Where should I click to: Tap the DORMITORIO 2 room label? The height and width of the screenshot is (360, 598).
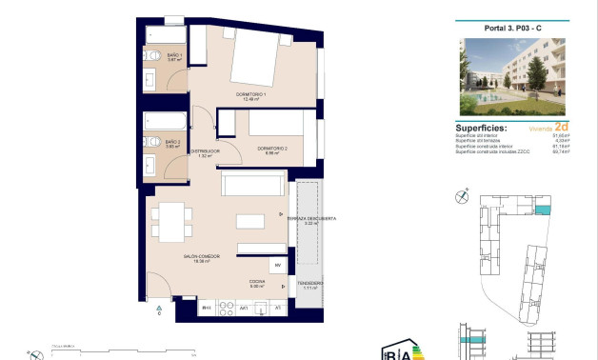(x=271, y=149)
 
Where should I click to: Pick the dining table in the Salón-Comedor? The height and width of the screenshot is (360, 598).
(x=170, y=223)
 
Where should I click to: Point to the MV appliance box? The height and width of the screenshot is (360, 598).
(x=278, y=266)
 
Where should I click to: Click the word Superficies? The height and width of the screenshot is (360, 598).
(x=481, y=128)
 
